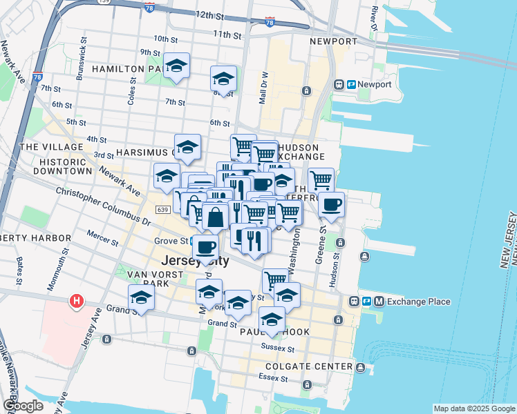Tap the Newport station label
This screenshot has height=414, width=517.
[x=375, y=84]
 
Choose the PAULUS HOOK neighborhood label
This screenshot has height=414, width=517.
[x=280, y=332]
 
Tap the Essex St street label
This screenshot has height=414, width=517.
[x=274, y=378]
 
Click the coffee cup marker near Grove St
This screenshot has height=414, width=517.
[x=205, y=247]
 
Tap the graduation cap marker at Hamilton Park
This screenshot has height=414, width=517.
[x=177, y=66]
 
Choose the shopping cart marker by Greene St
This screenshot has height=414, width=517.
[x=321, y=180]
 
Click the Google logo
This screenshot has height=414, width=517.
[x=23, y=406]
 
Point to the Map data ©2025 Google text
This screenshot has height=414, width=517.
[x=473, y=408]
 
